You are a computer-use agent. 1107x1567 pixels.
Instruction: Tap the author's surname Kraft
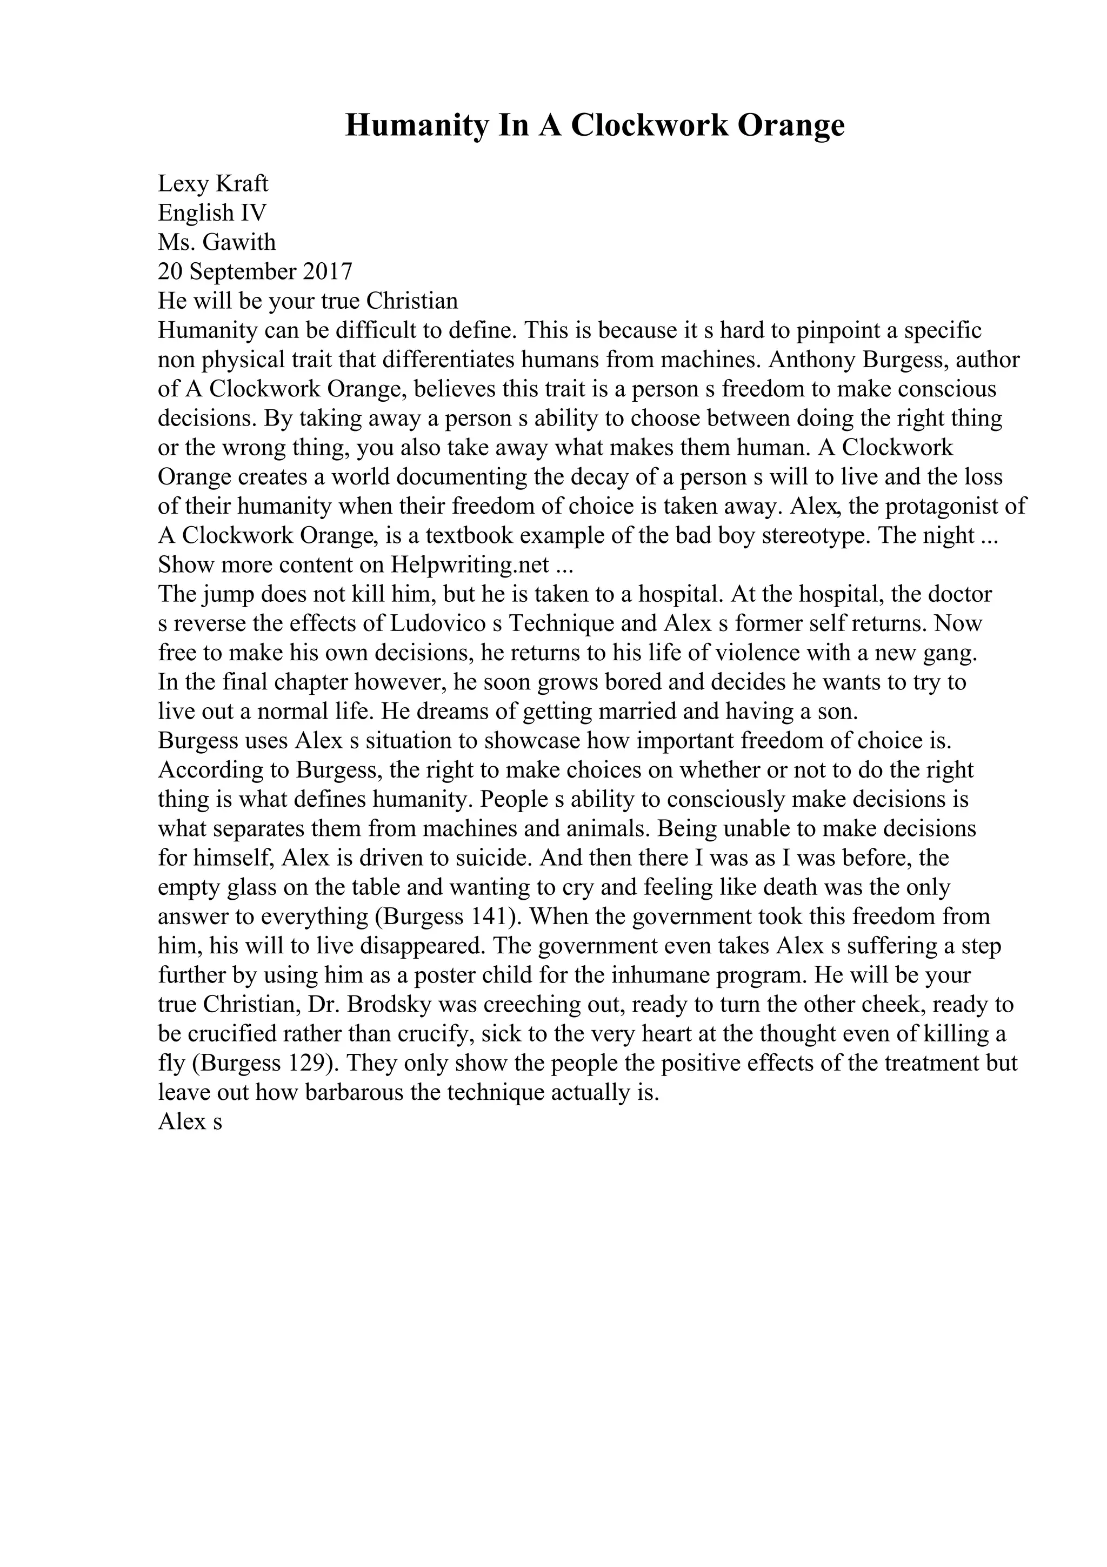point(243,184)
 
